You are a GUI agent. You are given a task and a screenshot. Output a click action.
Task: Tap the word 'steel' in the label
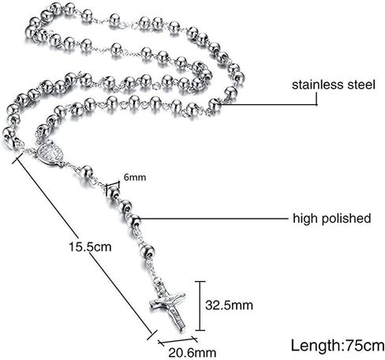tap(361, 84)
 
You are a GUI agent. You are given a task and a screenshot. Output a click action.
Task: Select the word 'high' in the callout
tap(305, 219)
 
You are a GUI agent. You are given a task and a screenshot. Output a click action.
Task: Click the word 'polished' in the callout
tap(346, 219)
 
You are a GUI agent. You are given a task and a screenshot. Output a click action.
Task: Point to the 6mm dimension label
tap(135, 178)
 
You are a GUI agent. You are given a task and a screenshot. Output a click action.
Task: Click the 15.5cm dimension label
tap(90, 247)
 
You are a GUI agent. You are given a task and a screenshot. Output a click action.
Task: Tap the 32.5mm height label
tap(229, 306)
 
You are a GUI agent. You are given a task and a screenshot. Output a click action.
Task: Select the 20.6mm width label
tap(192, 353)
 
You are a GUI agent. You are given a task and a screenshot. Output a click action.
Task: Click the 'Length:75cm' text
tap(338, 345)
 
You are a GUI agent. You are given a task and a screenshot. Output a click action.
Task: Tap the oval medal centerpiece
tap(50, 153)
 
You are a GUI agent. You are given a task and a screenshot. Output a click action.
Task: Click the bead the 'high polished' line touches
tap(134, 221)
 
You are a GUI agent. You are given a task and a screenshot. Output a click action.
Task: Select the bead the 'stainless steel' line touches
tap(215, 105)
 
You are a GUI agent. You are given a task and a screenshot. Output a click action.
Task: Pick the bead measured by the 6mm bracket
tap(114, 192)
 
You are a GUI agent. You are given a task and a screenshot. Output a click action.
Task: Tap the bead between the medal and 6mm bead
tap(87, 172)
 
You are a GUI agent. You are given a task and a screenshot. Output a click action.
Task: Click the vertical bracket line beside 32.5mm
tap(200, 306)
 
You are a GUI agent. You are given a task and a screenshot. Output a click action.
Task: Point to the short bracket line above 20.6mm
tap(178, 340)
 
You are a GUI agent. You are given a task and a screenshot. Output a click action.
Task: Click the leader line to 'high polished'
tap(215, 219)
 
